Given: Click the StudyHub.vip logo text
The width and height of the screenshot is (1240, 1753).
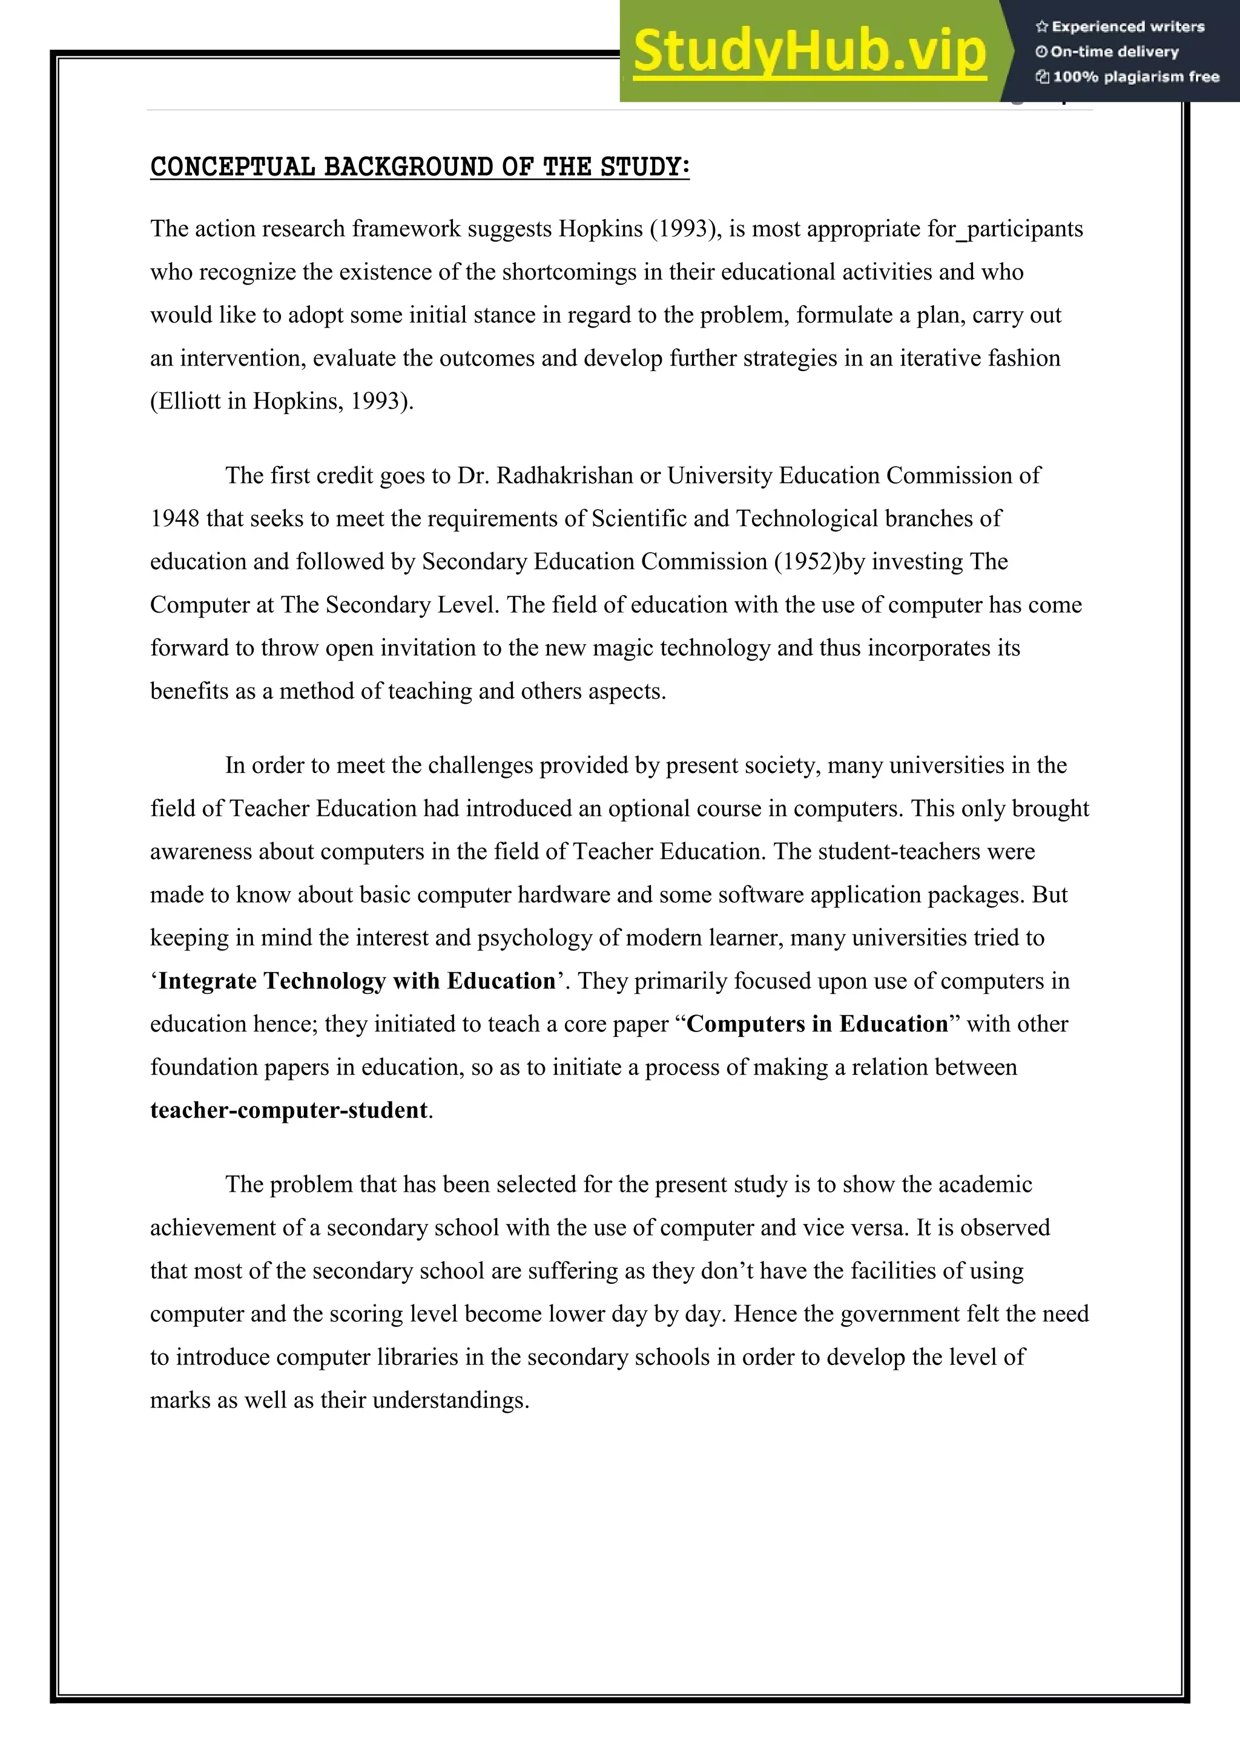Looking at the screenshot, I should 810,52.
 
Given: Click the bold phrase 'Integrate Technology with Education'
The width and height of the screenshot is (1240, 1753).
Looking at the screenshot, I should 357,981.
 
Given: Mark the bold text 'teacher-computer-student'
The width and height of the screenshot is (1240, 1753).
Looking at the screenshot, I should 289,1110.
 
